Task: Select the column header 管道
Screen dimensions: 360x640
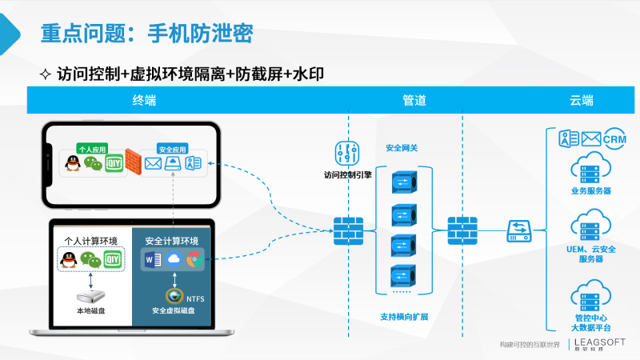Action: [414, 101]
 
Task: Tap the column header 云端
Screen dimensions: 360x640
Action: [582, 101]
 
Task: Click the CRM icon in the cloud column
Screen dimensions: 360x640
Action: [614, 138]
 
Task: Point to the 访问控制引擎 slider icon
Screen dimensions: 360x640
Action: [347, 153]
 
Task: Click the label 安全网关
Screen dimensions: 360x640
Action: [402, 148]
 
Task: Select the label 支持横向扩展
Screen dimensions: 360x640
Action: [404, 317]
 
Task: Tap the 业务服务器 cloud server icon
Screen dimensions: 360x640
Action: [591, 169]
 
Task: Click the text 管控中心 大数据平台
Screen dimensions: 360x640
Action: [591, 322]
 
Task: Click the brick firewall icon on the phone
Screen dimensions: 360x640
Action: [131, 163]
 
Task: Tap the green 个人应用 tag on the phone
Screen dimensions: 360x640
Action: [93, 149]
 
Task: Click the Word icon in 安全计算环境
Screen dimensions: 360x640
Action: [152, 258]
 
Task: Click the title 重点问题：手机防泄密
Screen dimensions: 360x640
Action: [146, 34]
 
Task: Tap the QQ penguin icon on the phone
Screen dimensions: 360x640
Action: [72, 164]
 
